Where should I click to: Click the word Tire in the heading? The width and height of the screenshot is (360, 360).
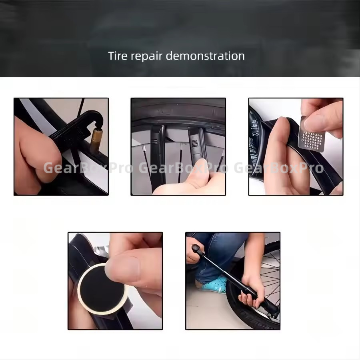click(118, 56)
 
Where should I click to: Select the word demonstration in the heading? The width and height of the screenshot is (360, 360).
click(205, 56)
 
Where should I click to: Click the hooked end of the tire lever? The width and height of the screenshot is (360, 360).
click(96, 117)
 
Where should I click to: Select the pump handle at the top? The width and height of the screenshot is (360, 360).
click(198, 250)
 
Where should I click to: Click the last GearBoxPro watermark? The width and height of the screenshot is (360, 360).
click(279, 168)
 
